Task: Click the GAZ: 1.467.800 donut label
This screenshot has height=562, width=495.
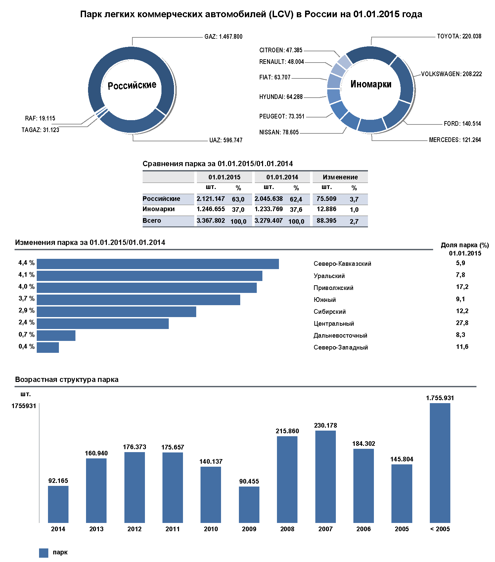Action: click(x=223, y=36)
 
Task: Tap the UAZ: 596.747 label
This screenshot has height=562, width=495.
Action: click(x=226, y=140)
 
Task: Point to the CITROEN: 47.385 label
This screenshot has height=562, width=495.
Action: click(x=281, y=50)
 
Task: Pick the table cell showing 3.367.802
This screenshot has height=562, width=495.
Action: click(x=211, y=221)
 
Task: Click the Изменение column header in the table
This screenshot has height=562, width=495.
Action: click(x=340, y=177)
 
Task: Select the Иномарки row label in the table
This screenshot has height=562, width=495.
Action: click(x=158, y=209)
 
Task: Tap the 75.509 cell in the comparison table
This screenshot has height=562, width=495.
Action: click(x=326, y=199)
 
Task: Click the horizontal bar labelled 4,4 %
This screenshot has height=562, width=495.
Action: click(x=157, y=264)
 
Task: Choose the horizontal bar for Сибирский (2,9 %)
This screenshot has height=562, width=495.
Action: click(x=116, y=312)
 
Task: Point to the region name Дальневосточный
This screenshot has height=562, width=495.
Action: click(x=340, y=336)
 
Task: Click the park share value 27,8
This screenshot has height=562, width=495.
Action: click(x=462, y=323)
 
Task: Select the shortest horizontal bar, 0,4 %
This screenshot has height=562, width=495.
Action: click(x=48, y=348)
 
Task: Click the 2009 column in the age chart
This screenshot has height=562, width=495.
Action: click(x=249, y=504)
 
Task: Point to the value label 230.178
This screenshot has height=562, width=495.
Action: click(x=325, y=426)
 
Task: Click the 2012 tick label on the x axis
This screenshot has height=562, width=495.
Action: click(x=134, y=529)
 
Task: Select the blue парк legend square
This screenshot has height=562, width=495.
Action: click(x=44, y=553)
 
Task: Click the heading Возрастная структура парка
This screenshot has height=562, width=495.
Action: click(x=67, y=380)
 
